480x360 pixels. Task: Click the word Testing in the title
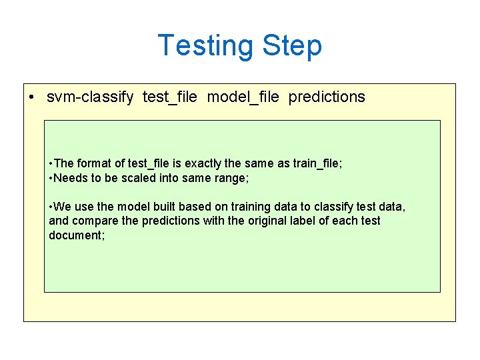(205, 46)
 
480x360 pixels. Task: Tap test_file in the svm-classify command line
(169, 97)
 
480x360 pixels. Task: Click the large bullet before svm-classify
(32, 97)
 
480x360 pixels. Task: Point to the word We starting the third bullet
(62, 207)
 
